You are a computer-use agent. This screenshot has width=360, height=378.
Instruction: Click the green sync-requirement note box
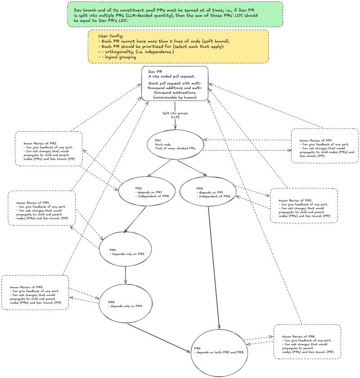[175, 13]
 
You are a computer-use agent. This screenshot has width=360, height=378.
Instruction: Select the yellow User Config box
[179, 46]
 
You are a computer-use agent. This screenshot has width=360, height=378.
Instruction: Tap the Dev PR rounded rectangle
[175, 84]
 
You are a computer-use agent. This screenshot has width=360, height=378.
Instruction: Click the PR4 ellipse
[125, 249]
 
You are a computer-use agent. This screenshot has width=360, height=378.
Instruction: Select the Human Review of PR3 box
[304, 205]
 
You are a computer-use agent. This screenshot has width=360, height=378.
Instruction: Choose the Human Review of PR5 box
[36, 292]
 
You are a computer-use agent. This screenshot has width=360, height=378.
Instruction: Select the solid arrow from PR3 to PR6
[214, 270]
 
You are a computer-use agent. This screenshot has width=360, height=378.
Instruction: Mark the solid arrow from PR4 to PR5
[126, 275]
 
